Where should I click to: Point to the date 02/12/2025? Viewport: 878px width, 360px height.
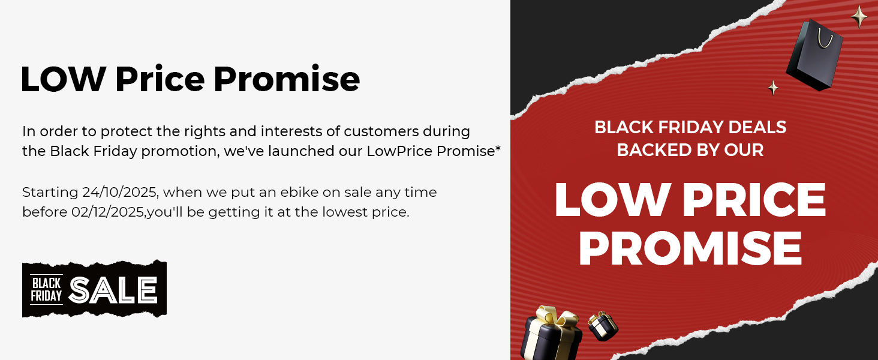99,212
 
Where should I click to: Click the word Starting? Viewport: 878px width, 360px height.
50,193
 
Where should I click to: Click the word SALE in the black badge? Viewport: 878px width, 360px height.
113,290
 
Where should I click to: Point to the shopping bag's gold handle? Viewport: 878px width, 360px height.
825,37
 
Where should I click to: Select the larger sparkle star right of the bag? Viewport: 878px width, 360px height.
859,17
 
